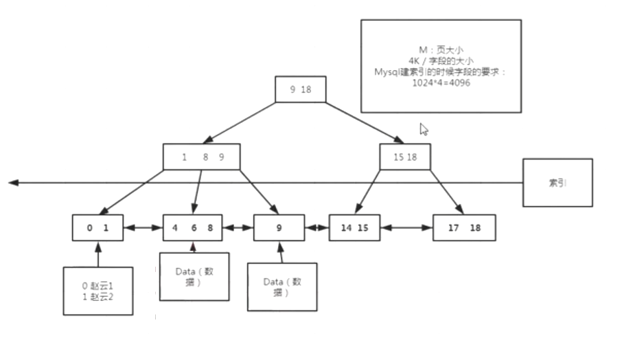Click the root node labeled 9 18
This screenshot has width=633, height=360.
(300, 89)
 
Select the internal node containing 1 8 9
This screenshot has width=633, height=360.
(203, 157)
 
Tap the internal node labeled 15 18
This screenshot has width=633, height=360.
(405, 157)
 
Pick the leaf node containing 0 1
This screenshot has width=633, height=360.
(98, 227)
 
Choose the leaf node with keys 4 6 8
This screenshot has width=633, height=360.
(193, 227)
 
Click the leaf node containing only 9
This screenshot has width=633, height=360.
(279, 227)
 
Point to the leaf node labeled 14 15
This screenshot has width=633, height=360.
(354, 227)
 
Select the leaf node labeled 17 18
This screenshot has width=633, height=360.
(463, 227)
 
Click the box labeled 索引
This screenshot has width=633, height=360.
(557, 183)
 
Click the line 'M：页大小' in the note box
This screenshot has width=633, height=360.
(441, 50)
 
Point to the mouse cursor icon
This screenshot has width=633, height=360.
(424, 128)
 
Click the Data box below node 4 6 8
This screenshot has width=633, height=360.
(194, 276)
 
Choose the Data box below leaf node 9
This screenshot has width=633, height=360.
(282, 286)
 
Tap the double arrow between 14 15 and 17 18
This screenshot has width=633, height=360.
(406, 227)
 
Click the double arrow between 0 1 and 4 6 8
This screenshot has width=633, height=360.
(143, 227)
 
